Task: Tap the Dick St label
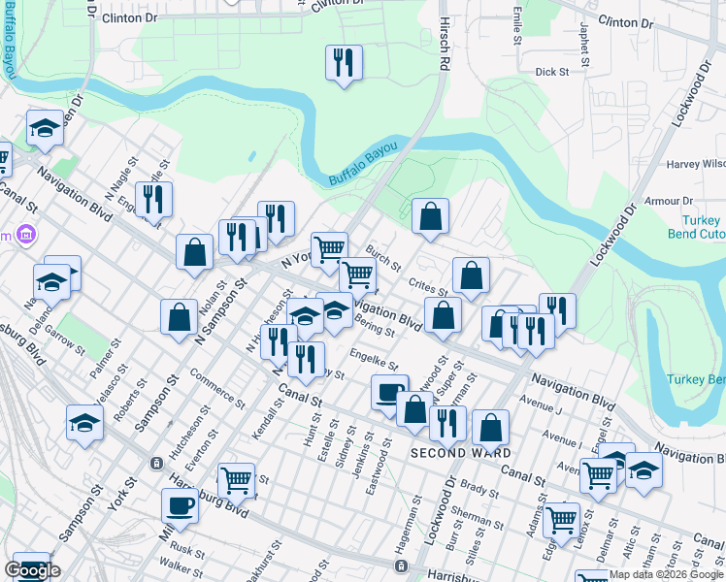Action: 551,72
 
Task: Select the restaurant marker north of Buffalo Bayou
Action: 343,62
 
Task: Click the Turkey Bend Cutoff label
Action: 697,228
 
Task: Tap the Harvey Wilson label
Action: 696,164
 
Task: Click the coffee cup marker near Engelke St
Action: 389,392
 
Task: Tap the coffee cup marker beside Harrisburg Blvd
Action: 180,504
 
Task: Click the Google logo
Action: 32,570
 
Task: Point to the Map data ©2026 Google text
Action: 665,574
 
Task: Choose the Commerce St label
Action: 217,387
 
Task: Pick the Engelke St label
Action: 376,359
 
